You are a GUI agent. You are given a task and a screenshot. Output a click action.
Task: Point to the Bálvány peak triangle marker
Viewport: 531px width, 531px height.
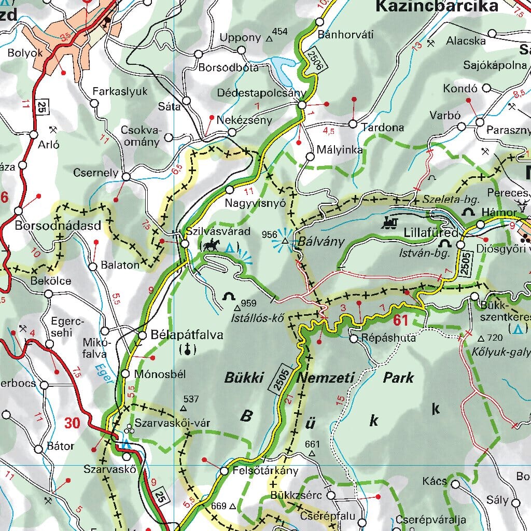point(285,241)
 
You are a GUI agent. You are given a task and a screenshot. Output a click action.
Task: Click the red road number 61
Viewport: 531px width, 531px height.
point(401,320)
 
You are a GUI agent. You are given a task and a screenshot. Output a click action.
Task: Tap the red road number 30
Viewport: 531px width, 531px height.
point(73,423)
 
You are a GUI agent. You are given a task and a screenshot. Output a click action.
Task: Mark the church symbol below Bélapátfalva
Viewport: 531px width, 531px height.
point(187,350)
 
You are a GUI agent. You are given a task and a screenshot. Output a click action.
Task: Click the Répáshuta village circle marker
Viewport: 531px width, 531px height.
point(354,339)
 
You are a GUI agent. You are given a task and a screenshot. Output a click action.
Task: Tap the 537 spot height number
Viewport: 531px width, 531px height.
point(191,399)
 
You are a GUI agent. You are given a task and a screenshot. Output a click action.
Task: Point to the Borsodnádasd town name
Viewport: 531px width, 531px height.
point(58,226)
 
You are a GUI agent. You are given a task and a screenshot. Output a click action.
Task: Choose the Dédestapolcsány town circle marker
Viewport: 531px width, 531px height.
point(302,105)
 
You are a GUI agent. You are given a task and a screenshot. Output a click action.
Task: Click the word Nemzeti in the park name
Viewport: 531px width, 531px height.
point(326,378)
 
